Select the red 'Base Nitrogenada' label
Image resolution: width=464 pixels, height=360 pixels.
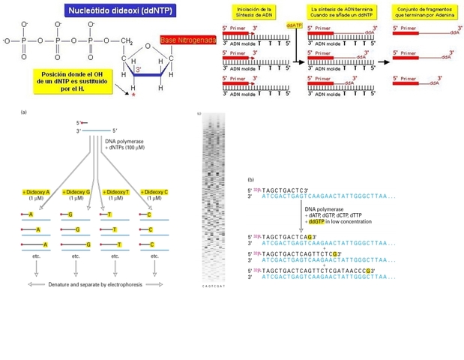(187, 40)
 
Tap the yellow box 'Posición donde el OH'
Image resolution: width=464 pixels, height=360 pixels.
(73, 80)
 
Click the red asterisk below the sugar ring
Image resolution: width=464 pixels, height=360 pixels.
(133, 97)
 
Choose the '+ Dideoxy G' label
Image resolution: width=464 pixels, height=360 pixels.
(76, 192)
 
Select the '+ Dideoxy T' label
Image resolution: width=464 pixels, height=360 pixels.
(115, 192)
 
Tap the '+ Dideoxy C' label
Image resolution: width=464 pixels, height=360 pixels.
(154, 192)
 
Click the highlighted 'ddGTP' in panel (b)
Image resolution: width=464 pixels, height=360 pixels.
(318, 222)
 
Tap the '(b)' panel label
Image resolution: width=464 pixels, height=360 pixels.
(250, 179)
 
